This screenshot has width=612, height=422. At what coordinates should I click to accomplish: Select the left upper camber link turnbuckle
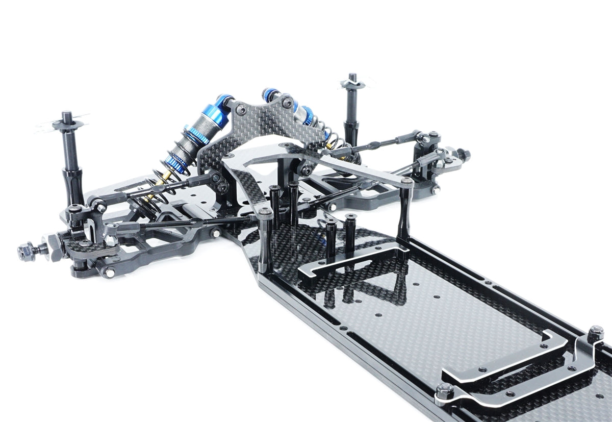pyautogui.click(x=168, y=186)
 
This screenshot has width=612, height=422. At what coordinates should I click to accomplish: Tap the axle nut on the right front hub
pyautogui.click(x=464, y=154)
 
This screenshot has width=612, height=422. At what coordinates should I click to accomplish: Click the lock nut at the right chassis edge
pyautogui.click(x=595, y=334)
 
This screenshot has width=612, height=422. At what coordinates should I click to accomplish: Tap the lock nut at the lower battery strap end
pyautogui.click(x=445, y=391)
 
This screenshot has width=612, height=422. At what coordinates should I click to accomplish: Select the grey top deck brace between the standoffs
pyautogui.click(x=357, y=168)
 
